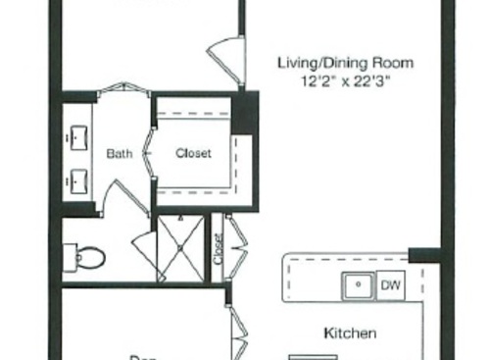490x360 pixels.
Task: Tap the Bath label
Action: (x=120, y=153)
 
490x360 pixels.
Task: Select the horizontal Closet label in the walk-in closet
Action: (x=193, y=153)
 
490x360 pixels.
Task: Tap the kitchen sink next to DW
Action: (x=359, y=285)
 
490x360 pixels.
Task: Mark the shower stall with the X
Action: (x=181, y=250)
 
